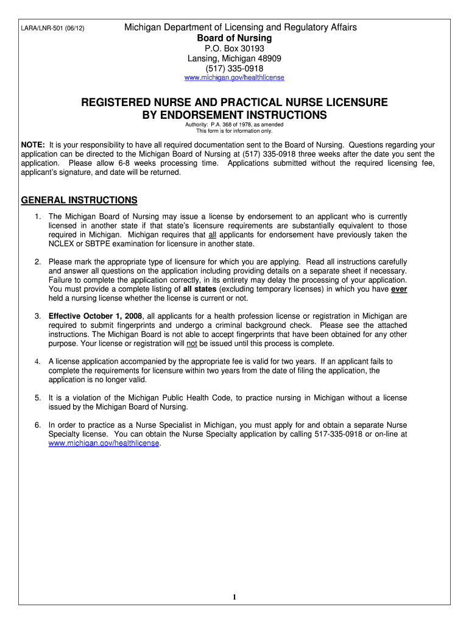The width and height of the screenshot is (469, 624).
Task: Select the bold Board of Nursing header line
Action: (x=234, y=38)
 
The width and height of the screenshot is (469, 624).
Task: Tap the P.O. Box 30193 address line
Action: (x=234, y=49)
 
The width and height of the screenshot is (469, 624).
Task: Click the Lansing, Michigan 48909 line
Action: (x=234, y=58)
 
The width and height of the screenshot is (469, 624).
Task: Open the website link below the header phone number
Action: (x=234, y=78)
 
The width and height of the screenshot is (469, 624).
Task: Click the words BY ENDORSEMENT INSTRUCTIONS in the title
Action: (x=234, y=115)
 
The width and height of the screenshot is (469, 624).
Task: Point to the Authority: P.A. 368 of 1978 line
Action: (x=234, y=125)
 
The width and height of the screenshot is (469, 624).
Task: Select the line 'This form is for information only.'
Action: (x=234, y=131)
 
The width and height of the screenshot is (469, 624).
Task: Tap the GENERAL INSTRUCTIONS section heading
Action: (x=79, y=200)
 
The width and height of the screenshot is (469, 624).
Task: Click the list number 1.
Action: (x=37, y=217)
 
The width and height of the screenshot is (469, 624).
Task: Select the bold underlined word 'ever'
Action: (x=399, y=289)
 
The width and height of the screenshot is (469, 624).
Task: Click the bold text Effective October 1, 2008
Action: (x=94, y=316)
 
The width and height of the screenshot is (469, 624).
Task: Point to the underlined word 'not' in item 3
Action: (x=191, y=343)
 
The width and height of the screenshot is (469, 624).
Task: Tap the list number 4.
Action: (x=37, y=361)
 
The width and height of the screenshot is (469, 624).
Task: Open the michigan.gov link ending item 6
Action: (x=104, y=444)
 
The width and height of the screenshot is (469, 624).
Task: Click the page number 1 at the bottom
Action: (x=234, y=597)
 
